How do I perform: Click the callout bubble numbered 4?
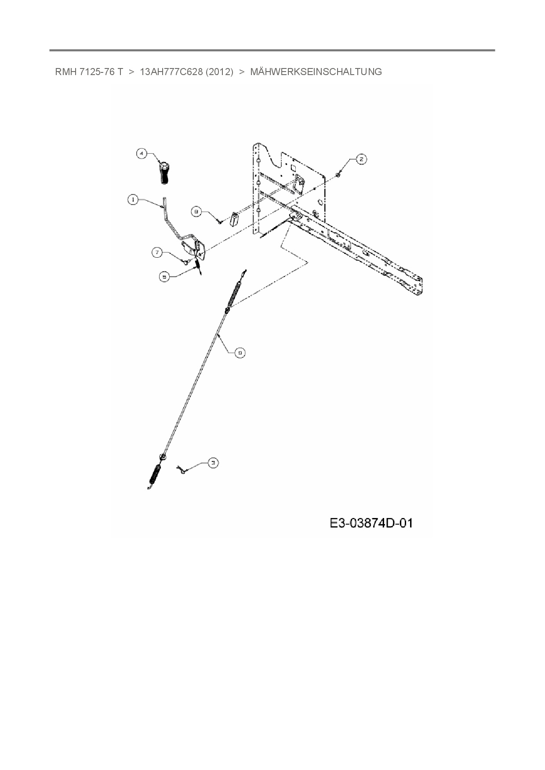coord(141,154)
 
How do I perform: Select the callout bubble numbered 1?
coord(132,200)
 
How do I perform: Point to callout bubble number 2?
coord(361,159)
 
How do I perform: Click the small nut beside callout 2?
coord(338,175)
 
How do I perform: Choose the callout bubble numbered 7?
coord(157,252)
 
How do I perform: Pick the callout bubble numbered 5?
coord(164,277)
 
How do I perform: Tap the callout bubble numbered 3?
coord(213,463)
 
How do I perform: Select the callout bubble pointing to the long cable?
coord(240,353)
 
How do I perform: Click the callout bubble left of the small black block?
coord(196,212)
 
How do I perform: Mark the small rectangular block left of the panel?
coord(234,219)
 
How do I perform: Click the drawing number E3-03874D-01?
coord(371,523)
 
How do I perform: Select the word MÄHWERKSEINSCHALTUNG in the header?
coord(316,72)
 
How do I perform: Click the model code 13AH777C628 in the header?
coord(171,72)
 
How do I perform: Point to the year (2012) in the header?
coord(219,72)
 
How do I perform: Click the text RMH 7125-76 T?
coord(89,72)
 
